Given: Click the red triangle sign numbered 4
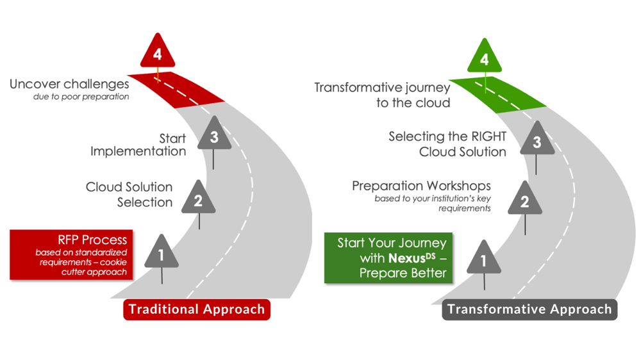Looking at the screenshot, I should pyautogui.click(x=157, y=53).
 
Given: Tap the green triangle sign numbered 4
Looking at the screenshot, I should pyautogui.click(x=485, y=58).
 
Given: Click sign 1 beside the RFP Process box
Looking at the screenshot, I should pyautogui.click(x=162, y=254).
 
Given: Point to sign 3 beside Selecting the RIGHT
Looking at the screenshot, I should pyautogui.click(x=537, y=142).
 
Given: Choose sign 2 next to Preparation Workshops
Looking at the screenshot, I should pyautogui.click(x=524, y=201).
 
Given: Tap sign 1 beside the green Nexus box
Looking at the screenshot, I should pyautogui.click(x=484, y=259).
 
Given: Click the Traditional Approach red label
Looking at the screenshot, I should pyautogui.click(x=197, y=309).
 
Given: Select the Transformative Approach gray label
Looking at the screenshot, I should pyautogui.click(x=529, y=309).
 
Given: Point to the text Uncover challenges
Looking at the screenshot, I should pyautogui.click(x=69, y=84).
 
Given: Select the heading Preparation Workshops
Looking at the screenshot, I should pyautogui.click(x=421, y=186).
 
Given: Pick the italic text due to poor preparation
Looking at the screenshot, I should pyautogui.click(x=81, y=97).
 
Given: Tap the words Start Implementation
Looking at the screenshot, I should pyautogui.click(x=138, y=145).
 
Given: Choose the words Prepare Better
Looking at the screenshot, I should pyautogui.click(x=403, y=273).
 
